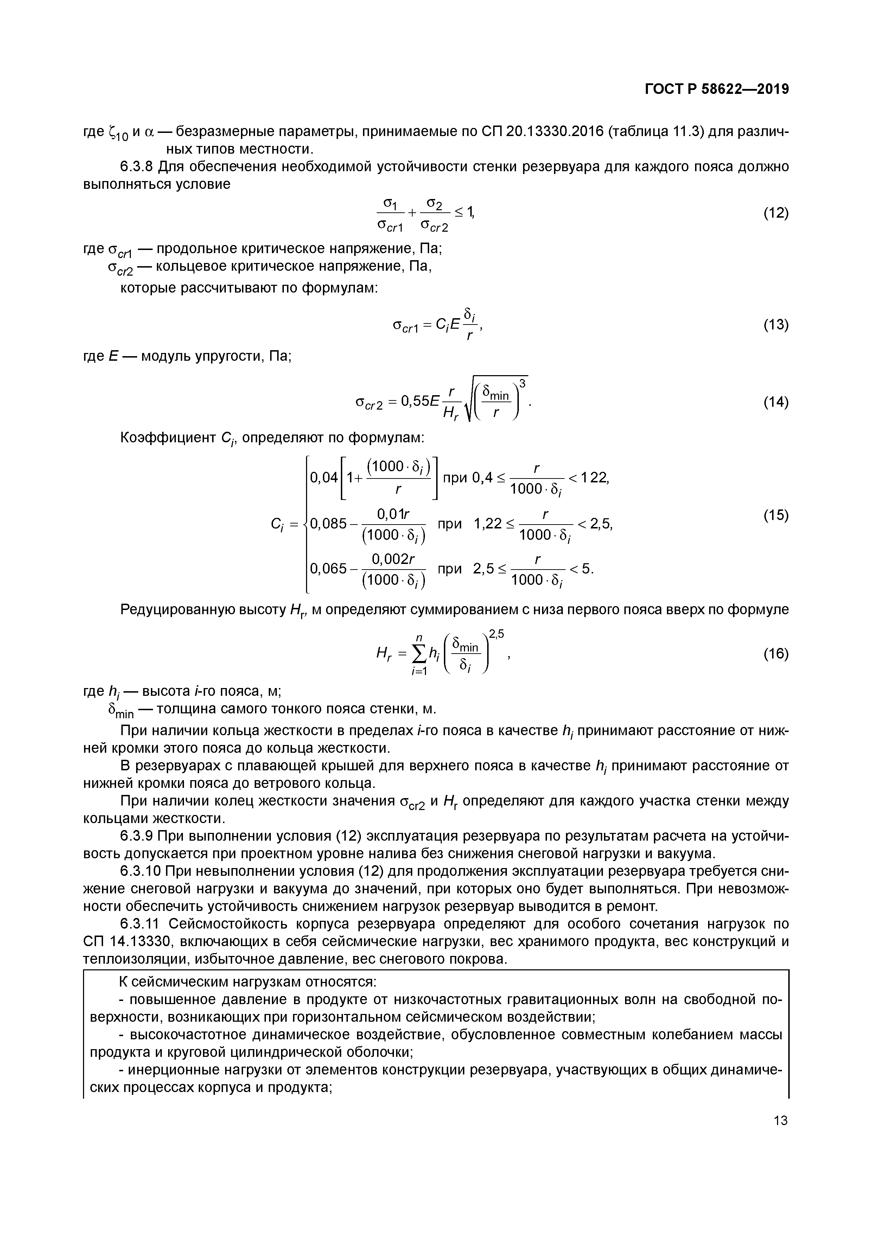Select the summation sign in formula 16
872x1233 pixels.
[417, 653]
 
